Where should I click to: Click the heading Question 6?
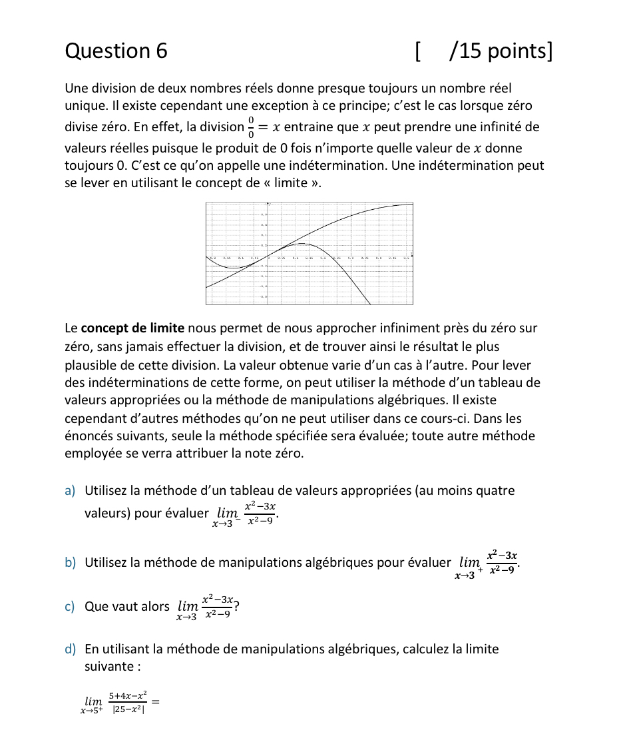coord(116,51)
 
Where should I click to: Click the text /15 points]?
coord(501,51)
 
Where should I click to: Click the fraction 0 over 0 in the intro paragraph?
coord(250,127)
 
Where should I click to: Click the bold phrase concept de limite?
coord(132,328)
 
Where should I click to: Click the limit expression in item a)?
coord(245,514)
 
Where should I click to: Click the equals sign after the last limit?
coord(157,701)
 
